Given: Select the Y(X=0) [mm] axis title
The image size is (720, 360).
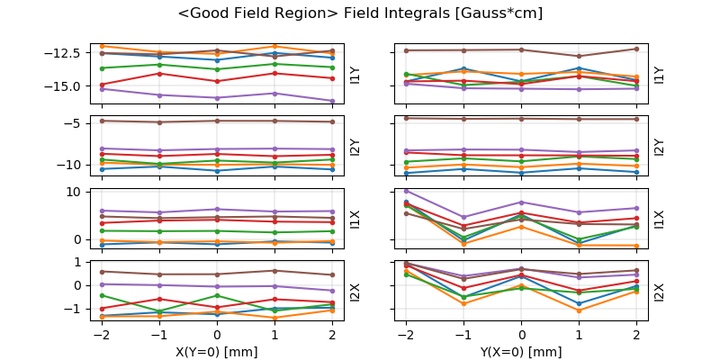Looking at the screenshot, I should (521, 352).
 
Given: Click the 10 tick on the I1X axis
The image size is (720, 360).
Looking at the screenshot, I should (75, 192).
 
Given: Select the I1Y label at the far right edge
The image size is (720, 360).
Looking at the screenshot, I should (660, 76).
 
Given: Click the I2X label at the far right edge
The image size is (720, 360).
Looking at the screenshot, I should (660, 292).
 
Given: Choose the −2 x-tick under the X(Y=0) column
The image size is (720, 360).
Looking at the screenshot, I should (100, 334).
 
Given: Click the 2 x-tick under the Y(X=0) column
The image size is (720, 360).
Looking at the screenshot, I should (636, 334).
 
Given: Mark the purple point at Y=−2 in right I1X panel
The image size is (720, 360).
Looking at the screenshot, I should (406, 191).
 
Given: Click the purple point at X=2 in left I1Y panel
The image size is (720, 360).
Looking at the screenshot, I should (333, 101).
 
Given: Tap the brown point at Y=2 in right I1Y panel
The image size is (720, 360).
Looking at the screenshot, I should (636, 49).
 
